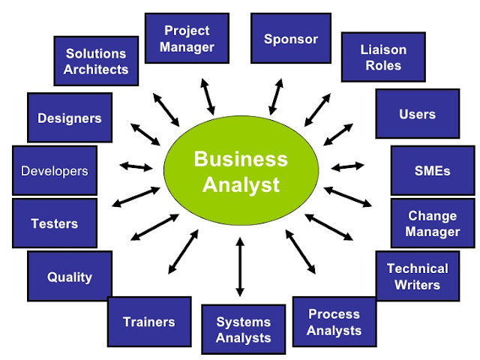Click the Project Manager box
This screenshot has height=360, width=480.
[x=187, y=37]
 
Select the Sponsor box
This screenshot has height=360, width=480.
[x=291, y=39]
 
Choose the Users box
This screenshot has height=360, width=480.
[x=417, y=114]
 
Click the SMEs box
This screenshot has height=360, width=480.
[x=432, y=170]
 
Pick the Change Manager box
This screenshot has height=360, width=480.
[x=432, y=223]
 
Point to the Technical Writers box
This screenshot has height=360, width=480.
[x=417, y=275]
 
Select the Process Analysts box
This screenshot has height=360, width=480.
[x=334, y=321]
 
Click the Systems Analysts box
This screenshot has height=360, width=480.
[x=243, y=329]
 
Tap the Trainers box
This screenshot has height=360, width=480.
[x=148, y=322]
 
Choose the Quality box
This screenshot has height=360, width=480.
[x=70, y=277]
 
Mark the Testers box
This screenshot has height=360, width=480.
[x=54, y=223]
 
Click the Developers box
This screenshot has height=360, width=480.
[x=54, y=170]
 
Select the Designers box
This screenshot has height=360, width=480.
[x=70, y=118]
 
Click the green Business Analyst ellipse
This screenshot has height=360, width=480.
[x=240, y=170]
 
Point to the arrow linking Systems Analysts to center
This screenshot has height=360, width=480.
[x=240, y=265]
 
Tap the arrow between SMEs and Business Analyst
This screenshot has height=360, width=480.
[x=347, y=166]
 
